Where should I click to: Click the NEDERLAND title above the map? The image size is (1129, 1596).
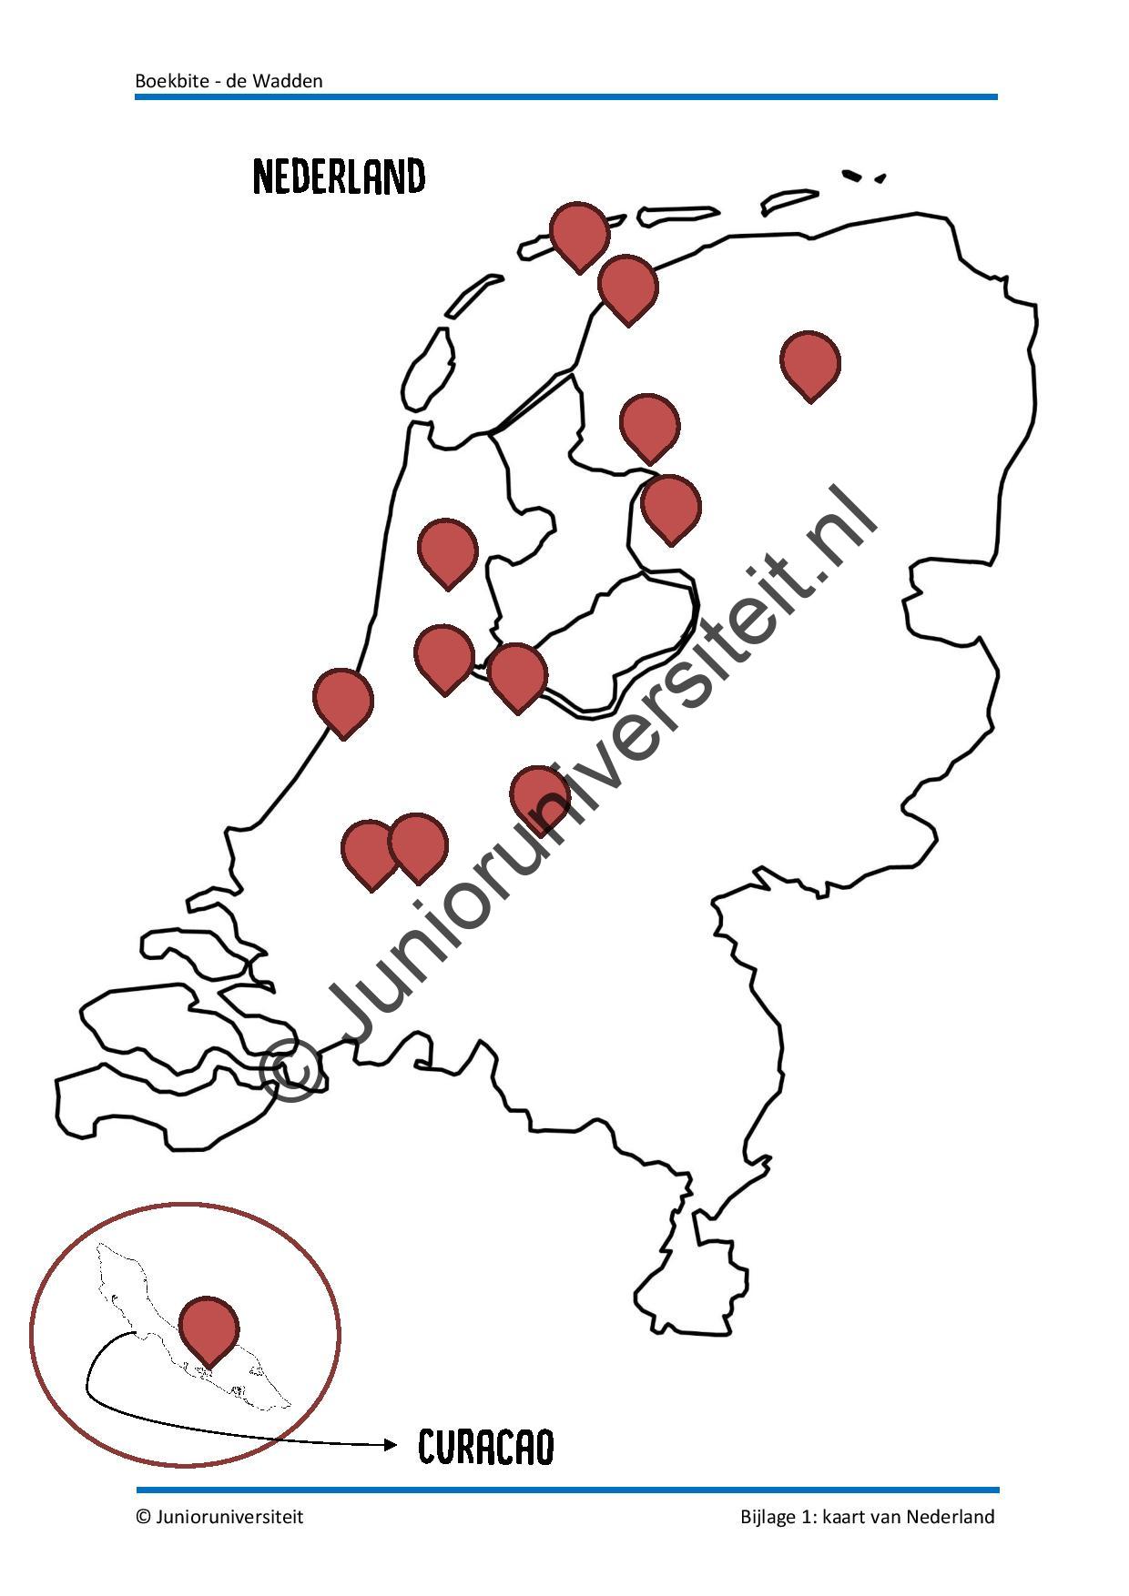point(339,177)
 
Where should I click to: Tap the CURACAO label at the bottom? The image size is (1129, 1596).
point(485,1447)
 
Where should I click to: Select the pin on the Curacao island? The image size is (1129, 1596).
point(209,1327)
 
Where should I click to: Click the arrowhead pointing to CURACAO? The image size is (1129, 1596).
point(391,1444)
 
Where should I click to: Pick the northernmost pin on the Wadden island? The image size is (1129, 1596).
point(579,233)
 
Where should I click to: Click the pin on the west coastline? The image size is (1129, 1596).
point(343,699)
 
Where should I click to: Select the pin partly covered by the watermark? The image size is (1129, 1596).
point(539,794)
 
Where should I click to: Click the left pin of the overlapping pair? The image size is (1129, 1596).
point(369,850)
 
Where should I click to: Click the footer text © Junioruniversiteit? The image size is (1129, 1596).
point(219,1517)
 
